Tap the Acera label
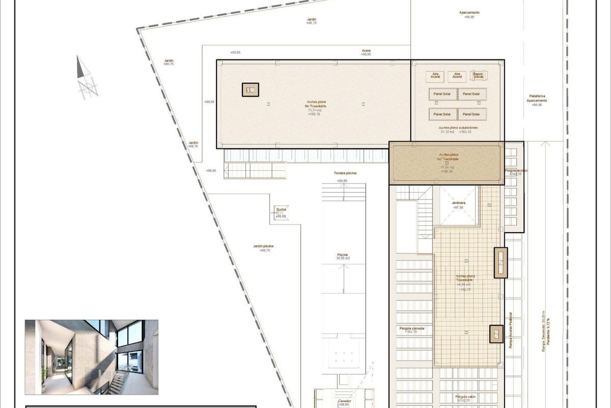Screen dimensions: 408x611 366,50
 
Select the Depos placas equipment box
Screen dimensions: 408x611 479,75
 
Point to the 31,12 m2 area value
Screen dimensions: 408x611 447,132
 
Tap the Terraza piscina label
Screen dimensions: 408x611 345,173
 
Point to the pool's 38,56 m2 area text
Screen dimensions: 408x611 343,259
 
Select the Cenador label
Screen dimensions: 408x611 344,401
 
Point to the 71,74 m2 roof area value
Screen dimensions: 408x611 314,110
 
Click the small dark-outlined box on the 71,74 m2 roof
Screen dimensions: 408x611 250,90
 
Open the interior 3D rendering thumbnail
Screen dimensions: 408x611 92,357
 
